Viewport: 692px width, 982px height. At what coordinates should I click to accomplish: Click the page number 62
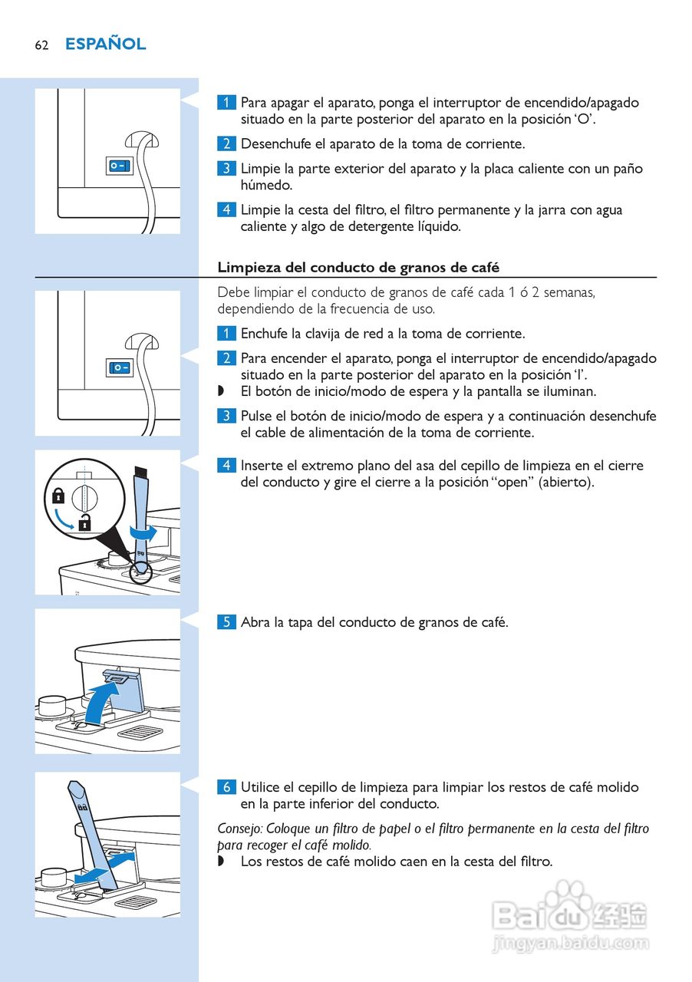[41, 45]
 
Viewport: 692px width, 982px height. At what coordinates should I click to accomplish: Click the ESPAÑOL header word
[106, 44]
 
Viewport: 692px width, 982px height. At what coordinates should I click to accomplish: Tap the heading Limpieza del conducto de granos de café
[358, 268]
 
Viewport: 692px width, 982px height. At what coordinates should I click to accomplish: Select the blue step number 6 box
[226, 787]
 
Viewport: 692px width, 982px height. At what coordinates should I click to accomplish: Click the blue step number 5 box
[226, 622]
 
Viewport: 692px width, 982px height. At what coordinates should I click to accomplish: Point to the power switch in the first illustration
[119, 166]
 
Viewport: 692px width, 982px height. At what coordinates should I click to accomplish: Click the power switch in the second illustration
[119, 367]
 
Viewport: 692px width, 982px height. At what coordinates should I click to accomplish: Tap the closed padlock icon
[58, 496]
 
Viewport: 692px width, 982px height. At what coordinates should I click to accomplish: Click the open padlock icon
[84, 522]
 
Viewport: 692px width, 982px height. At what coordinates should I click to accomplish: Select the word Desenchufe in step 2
[276, 143]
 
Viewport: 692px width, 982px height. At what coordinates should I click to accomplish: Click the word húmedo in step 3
[266, 185]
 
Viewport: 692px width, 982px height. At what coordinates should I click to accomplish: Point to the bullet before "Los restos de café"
[221, 861]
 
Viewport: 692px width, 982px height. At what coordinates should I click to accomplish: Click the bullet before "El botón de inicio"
[221, 390]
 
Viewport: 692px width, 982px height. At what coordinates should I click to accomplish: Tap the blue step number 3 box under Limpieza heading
[226, 416]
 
